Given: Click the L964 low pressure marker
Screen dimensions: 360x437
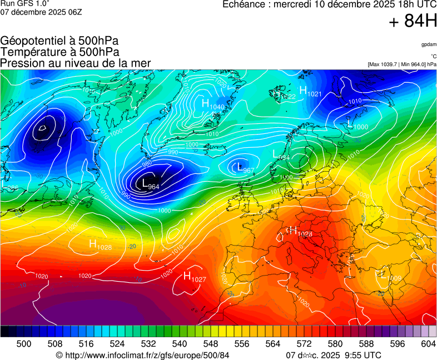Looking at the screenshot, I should (x=150, y=184).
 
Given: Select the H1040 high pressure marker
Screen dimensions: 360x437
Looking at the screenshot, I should (x=212, y=104).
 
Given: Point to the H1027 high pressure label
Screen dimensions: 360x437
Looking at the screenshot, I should (x=195, y=277).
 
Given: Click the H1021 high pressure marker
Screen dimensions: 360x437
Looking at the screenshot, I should (x=310, y=92).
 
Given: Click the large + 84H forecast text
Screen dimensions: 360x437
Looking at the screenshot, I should (x=413, y=21).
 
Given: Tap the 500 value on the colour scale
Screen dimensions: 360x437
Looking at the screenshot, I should (x=23, y=344).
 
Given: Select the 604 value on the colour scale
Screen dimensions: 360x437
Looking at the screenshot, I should (x=428, y=344).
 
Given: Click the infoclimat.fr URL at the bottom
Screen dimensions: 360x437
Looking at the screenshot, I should (x=143, y=355).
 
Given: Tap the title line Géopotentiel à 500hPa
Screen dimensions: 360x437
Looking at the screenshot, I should (x=59, y=41).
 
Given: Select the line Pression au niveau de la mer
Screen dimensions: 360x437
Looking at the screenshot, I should (x=76, y=63).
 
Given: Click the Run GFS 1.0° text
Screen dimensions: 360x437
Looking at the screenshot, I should (x=25, y=3).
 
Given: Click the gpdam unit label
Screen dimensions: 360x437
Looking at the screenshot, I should (x=429, y=44).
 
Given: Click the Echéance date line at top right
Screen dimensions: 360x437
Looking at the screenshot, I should (x=329, y=4).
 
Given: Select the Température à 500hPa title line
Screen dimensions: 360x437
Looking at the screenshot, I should (x=59, y=52).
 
